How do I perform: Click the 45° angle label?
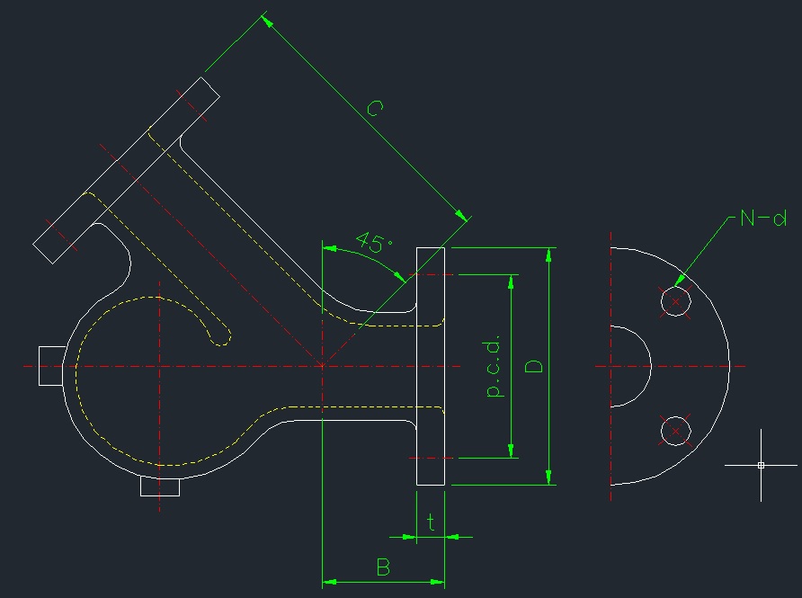click(x=374, y=242)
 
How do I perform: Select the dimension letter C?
click(x=376, y=110)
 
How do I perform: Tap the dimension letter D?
click(x=534, y=366)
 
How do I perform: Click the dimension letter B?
click(x=383, y=567)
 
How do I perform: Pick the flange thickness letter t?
click(x=432, y=522)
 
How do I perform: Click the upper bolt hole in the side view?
click(x=675, y=301)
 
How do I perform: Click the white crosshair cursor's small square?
click(x=761, y=465)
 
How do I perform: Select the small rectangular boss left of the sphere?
click(x=50, y=365)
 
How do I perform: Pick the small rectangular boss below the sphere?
click(x=160, y=486)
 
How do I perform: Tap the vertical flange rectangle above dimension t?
click(x=431, y=366)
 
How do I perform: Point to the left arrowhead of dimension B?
click(x=329, y=582)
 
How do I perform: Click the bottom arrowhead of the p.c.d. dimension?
click(x=512, y=451)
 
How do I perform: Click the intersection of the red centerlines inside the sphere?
click(x=160, y=366)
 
